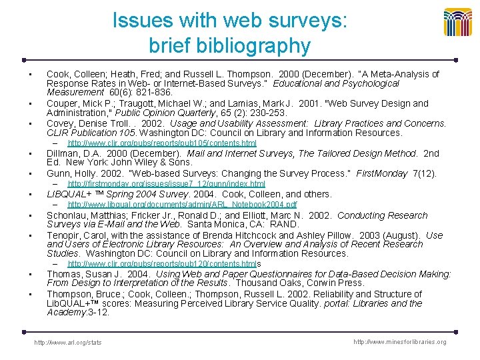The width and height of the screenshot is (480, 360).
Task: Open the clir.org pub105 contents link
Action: [162, 143]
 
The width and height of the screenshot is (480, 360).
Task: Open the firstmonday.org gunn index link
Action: [167, 184]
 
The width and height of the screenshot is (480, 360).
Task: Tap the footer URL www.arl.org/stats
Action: [69, 343]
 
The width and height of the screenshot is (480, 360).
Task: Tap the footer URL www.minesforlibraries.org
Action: [400, 342]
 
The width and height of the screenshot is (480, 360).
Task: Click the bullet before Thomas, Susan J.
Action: [31, 275]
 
